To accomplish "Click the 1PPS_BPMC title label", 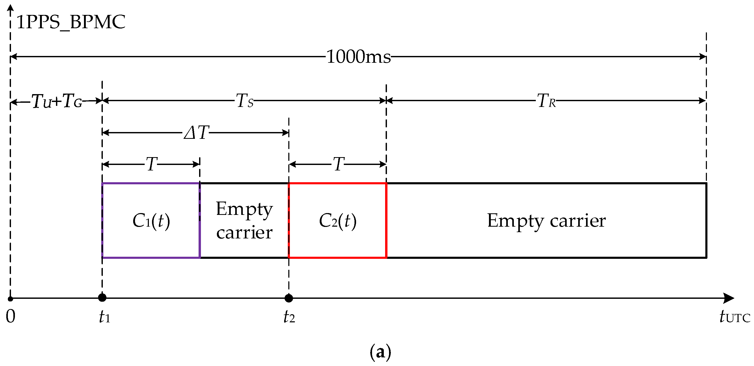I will click(71, 22).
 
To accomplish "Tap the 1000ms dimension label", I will click(359, 57).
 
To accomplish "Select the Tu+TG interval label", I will click(57, 101).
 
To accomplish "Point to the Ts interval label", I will click(244, 101).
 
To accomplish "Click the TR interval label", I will click(546, 101).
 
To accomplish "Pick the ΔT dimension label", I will click(196, 133).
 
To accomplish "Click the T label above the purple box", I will click(151, 164).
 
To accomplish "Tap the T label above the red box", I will click(338, 164).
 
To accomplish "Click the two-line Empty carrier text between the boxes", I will click(244, 221).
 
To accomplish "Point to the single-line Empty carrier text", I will click(546, 221).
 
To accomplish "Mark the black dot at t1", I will click(102, 298).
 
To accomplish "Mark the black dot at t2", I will click(289, 298).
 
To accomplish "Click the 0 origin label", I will click(10, 316).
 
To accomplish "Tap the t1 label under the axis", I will click(104, 317).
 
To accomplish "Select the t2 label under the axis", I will click(289, 317).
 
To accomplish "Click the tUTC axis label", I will click(735, 317).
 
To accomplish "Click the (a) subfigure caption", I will click(380, 352).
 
